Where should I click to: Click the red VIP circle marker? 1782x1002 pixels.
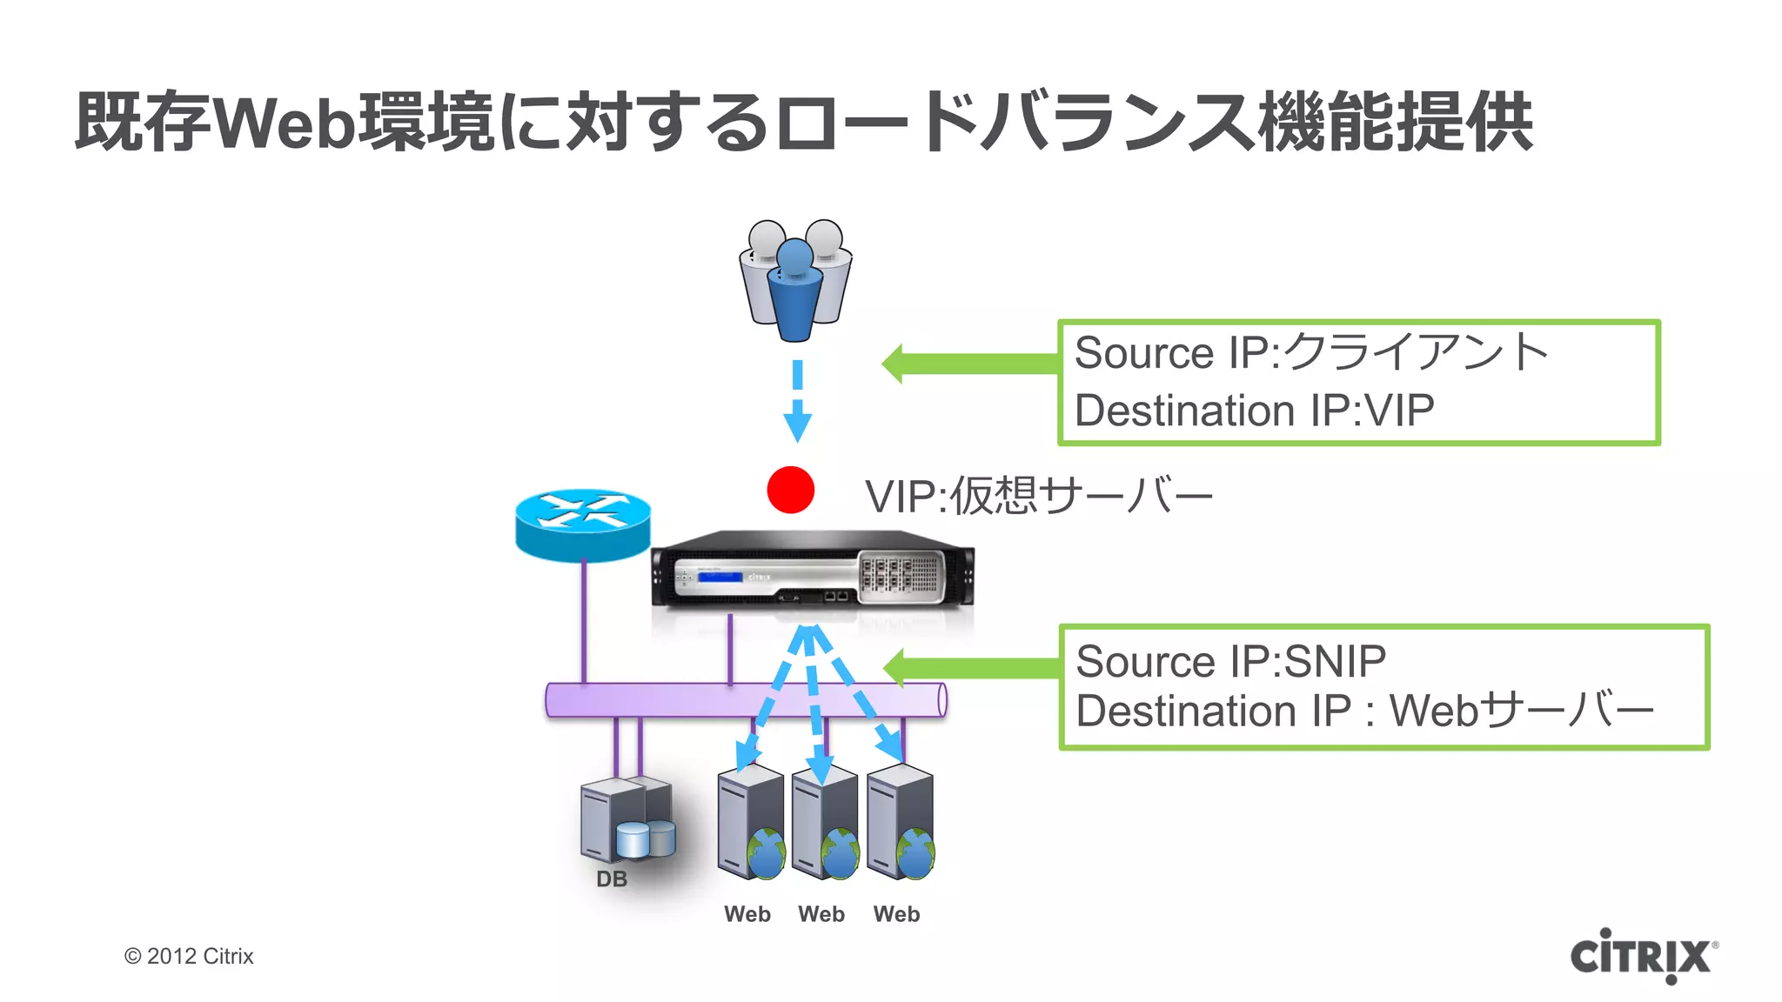pos(790,490)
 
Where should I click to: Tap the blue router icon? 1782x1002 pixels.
pos(582,524)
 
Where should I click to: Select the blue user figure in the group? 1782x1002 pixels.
pos(794,291)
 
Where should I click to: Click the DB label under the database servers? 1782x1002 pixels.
pos(612,879)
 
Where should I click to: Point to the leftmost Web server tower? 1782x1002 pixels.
pos(748,821)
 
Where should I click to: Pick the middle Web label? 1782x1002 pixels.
pos(821,914)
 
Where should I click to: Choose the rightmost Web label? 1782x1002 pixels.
pos(896,914)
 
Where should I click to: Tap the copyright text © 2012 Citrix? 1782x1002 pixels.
pos(189,956)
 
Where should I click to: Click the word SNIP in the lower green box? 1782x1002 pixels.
pos(1335,662)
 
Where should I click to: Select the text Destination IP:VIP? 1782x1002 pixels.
pos(1254,411)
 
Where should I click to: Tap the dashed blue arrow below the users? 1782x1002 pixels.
pos(797,400)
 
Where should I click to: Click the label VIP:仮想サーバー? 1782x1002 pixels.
pos(1038,497)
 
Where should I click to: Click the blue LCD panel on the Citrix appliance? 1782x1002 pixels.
pos(720,577)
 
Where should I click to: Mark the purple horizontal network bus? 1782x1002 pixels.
pos(746,700)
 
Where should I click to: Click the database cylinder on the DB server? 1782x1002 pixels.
pos(633,838)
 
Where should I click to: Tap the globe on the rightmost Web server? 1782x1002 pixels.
pos(915,854)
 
